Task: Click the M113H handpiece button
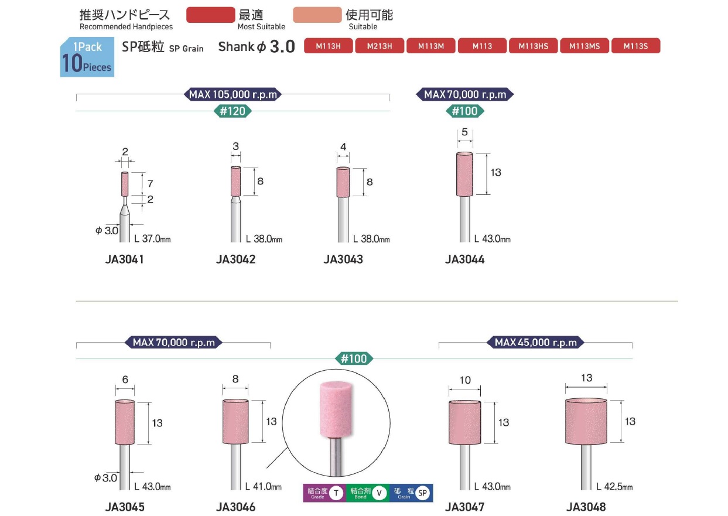coord(329,46)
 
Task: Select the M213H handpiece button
coord(380,46)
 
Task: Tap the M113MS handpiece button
coord(585,46)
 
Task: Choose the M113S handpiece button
coord(635,46)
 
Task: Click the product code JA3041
coord(124,259)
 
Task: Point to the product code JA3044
coord(464,259)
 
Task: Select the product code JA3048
coord(586,507)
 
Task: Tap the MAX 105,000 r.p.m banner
coord(233,94)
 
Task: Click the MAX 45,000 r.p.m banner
coord(535,343)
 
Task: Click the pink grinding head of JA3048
coord(586,421)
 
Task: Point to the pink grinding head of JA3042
coord(235,181)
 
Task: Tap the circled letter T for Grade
coord(336,493)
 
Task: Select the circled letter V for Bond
coord(380,493)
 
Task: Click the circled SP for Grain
coord(422,493)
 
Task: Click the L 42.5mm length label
coord(614,486)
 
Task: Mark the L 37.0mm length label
coord(152,239)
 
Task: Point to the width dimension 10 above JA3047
coord(465,380)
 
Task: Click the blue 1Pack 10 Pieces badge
coord(87,57)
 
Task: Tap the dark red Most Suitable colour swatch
coord(210,15)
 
